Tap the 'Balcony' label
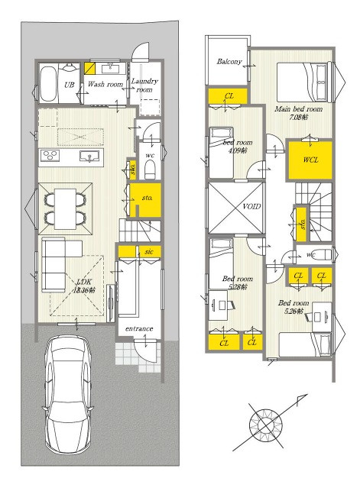click(x=229, y=62)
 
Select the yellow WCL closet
click(x=310, y=160)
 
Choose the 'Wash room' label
click(x=105, y=84)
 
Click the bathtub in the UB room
click(x=47, y=82)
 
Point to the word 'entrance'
click(x=138, y=329)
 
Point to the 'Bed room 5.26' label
click(x=294, y=307)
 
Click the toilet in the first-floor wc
click(x=150, y=166)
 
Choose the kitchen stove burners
click(x=50, y=156)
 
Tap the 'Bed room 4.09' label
click(x=238, y=147)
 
